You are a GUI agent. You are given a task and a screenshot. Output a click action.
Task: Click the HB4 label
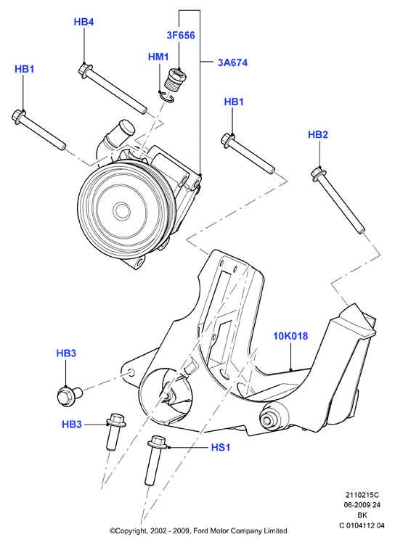(84, 22)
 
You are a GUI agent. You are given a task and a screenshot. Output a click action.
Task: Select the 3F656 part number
(181, 35)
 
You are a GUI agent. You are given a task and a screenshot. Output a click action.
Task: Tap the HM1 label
(158, 57)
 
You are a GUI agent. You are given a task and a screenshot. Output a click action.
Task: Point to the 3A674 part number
(233, 62)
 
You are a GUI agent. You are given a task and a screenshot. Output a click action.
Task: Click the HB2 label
(318, 134)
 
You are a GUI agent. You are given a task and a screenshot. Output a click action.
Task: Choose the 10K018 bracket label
(290, 336)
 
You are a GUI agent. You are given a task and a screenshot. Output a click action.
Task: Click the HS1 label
(221, 447)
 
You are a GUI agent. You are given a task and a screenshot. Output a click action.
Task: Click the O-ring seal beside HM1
(166, 96)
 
